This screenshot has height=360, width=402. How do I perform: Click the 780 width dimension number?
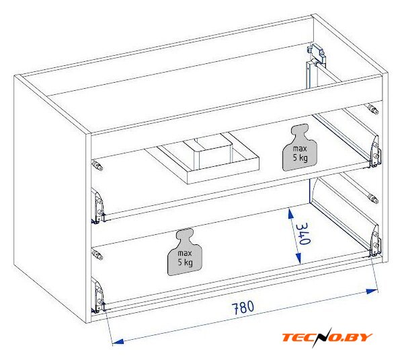[x=243, y=307]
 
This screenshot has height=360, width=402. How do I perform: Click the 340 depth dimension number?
[x=303, y=233]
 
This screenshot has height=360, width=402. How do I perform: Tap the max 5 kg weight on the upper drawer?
[x=300, y=147]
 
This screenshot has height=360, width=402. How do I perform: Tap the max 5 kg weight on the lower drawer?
[x=185, y=252]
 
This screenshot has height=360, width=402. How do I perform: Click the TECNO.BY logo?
[x=327, y=337]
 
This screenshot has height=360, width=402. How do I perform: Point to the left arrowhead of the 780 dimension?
[x=118, y=342]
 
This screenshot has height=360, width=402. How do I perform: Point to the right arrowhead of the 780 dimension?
[x=372, y=291]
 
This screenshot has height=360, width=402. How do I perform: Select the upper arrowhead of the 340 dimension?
[x=290, y=214]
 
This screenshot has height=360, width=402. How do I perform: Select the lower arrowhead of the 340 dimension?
[x=298, y=258]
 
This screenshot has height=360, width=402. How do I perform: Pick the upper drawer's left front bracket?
[x=98, y=207]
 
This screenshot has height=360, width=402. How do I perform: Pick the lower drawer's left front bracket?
[x=98, y=295]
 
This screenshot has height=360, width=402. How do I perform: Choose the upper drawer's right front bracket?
[x=375, y=152]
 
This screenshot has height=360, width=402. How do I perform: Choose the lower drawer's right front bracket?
[x=375, y=241]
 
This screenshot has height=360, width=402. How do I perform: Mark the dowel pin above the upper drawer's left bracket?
[x=97, y=165]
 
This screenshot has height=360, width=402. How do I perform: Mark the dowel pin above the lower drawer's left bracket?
[x=97, y=254]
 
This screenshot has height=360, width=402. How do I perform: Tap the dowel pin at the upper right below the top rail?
[x=373, y=109]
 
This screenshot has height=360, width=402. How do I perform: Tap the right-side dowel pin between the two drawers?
[x=373, y=199]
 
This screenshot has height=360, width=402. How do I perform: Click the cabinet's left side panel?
[x=50, y=195]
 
